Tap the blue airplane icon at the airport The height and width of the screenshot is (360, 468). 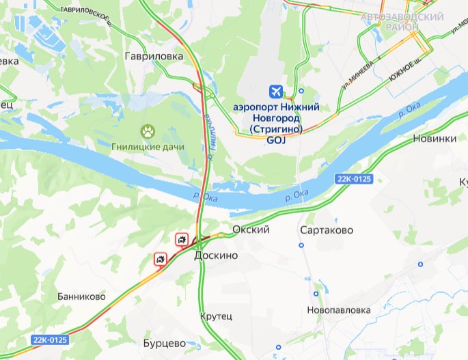[276, 91]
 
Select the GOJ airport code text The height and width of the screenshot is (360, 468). [275, 140]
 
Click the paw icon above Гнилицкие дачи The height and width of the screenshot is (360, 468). [148, 130]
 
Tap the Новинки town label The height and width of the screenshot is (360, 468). [435, 139]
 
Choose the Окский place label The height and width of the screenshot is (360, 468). [251, 230]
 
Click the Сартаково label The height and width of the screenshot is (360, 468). [327, 231]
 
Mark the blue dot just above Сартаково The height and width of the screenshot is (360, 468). [301, 245]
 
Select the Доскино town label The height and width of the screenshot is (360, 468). [216, 255]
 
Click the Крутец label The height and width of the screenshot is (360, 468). [217, 316]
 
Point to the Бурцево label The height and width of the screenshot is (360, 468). [165, 343]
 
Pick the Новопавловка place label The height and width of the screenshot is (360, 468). [339, 310]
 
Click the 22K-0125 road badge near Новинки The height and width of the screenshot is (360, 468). [355, 179]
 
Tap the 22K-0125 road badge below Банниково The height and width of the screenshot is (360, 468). [49, 339]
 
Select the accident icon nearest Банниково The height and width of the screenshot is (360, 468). [161, 259]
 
